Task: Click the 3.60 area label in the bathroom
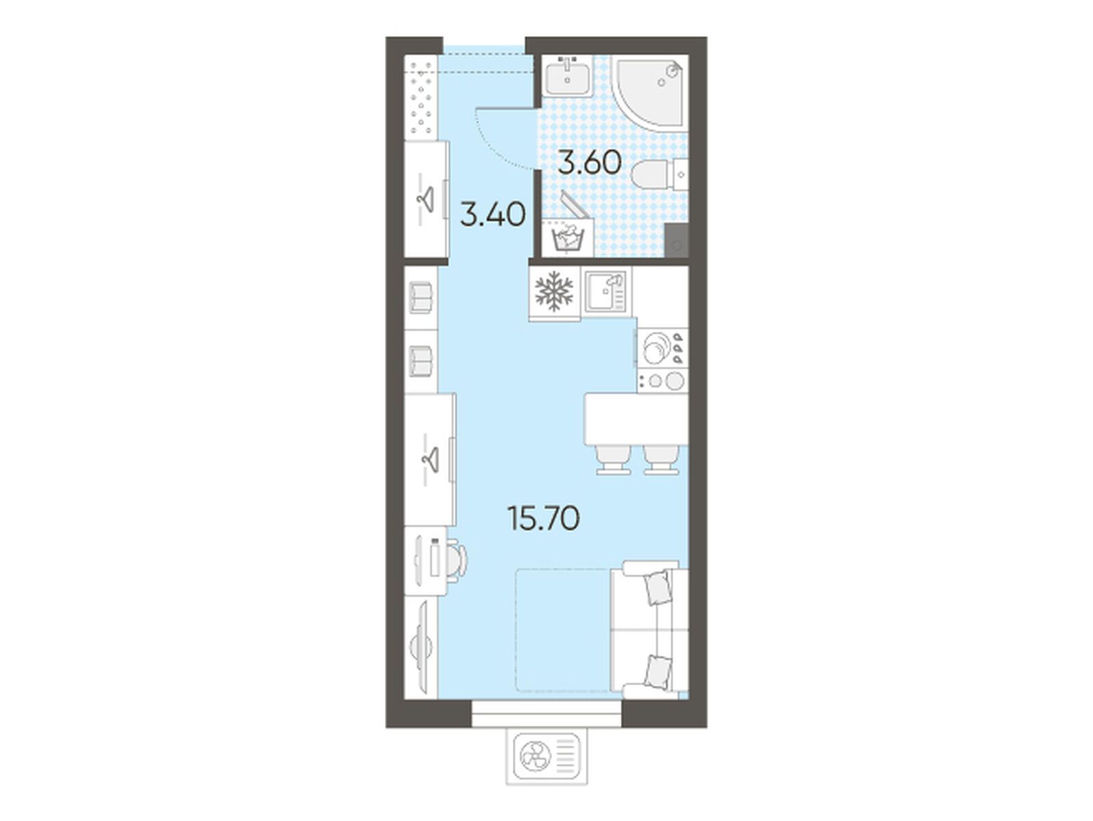coord(590,163)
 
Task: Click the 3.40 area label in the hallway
coord(493,215)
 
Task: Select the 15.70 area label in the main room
coord(543,519)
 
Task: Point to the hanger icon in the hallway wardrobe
coord(77,198)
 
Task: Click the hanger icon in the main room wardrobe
coord(81,458)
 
